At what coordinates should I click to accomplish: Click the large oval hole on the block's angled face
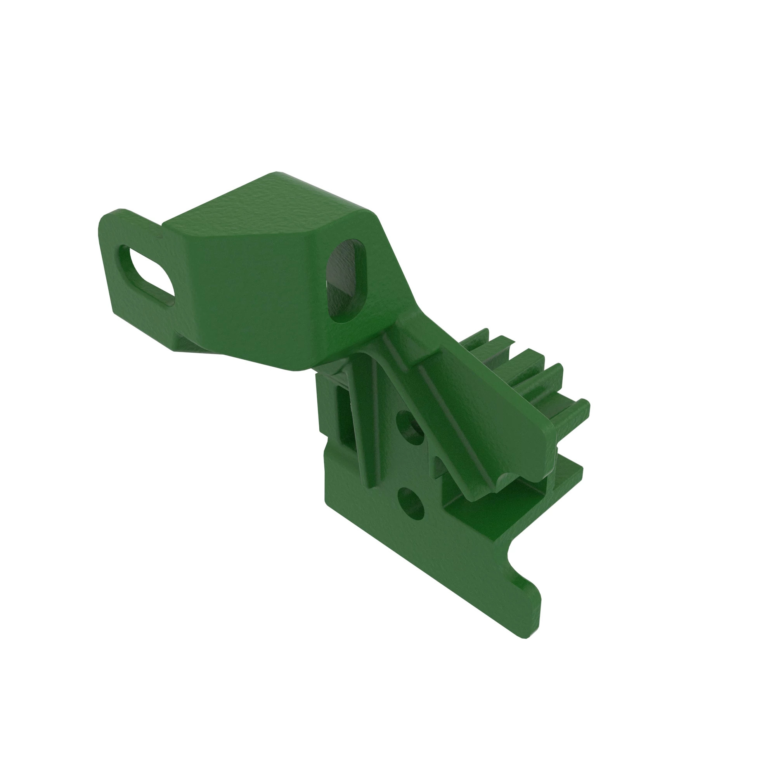pos(346,281)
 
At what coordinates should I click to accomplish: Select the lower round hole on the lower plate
pos(411,504)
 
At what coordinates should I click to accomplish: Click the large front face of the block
pos(249,297)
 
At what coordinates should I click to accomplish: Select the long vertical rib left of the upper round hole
pos(364,418)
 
